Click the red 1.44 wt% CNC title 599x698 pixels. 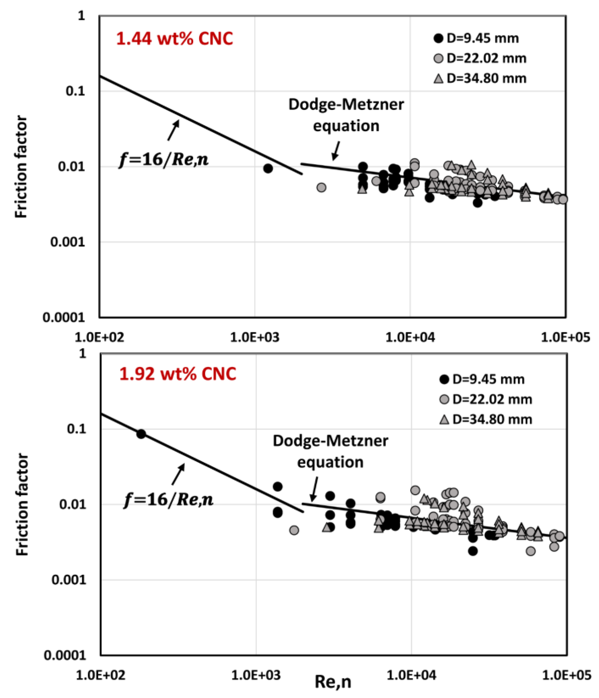point(175,39)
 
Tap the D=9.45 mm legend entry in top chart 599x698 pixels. point(476,38)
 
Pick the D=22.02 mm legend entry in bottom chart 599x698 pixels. point(486,400)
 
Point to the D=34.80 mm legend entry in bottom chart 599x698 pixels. point(486,420)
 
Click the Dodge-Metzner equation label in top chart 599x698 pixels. point(346,115)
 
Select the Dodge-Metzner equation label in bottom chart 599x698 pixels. point(330,451)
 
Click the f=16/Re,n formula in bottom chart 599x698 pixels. point(169,499)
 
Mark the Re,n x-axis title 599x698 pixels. point(333,682)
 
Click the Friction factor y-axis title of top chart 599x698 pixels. point(21,166)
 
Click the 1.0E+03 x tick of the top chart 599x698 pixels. point(254,337)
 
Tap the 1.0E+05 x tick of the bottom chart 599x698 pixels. point(566,675)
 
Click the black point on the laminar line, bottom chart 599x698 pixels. point(141,434)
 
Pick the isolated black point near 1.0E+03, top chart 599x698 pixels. point(268,168)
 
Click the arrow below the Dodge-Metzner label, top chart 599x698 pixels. point(336,151)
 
